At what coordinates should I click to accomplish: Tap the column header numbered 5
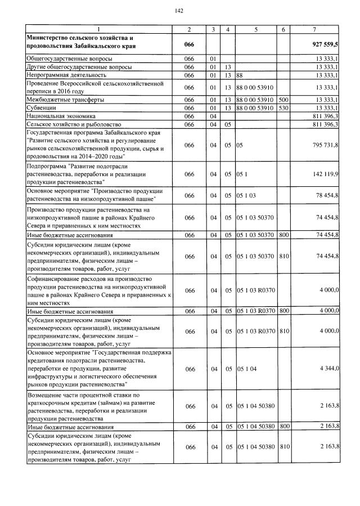[256, 29]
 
